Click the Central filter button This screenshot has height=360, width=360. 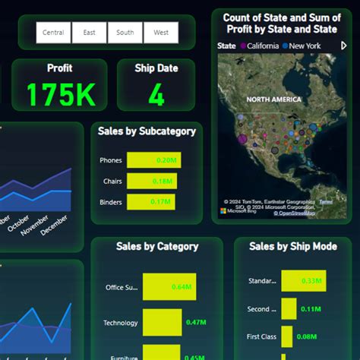click(x=54, y=33)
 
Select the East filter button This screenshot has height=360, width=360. click(x=90, y=33)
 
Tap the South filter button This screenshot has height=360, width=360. click(x=125, y=33)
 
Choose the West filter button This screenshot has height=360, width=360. click(x=161, y=33)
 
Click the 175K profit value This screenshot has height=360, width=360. click(x=60, y=95)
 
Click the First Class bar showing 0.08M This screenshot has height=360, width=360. click(x=286, y=336)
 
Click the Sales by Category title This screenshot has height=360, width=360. click(x=157, y=246)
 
